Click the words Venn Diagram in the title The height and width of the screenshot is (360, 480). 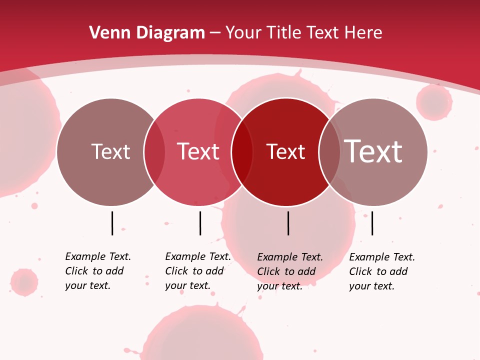(x=147, y=33)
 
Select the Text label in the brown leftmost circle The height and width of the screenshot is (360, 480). (x=110, y=151)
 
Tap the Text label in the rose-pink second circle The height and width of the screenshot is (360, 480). (x=198, y=151)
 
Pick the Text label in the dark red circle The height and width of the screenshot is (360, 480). (x=285, y=151)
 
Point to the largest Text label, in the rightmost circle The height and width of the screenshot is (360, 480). (x=373, y=151)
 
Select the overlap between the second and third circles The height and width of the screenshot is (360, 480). (x=242, y=152)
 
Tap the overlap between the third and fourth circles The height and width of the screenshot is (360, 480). (x=329, y=152)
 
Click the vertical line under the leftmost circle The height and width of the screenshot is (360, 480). (x=112, y=223)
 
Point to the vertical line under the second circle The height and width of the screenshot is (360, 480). (x=200, y=223)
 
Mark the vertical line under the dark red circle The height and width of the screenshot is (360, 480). (x=288, y=223)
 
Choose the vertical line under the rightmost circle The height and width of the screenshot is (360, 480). (x=372, y=223)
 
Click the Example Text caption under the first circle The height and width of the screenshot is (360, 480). (x=98, y=271)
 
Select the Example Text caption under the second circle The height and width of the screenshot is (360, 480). (x=198, y=271)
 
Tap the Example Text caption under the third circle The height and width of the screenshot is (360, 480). (x=290, y=271)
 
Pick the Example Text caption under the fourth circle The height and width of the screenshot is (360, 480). (x=382, y=271)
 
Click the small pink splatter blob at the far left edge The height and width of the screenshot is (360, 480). (x=24, y=282)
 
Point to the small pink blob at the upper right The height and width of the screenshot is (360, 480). (x=434, y=102)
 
